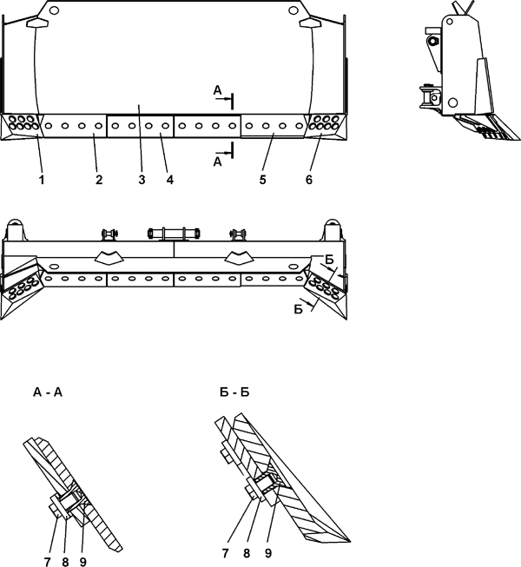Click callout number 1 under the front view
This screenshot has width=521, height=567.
point(42,180)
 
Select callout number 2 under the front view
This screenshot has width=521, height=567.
point(99,180)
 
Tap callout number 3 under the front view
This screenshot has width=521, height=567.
point(142,180)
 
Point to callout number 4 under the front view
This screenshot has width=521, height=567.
point(170,180)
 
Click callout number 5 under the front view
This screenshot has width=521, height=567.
point(263,180)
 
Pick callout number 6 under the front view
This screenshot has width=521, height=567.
point(309,180)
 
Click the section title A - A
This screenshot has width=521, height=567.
point(48,392)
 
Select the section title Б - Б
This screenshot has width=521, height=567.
point(234,392)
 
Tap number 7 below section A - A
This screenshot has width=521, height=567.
point(48,562)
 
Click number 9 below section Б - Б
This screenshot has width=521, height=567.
point(268,553)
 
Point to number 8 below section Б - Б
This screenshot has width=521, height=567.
point(247,553)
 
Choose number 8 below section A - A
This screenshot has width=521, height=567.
point(65,562)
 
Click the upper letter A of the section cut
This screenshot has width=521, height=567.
point(217,90)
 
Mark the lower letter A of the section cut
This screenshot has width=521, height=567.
point(217,162)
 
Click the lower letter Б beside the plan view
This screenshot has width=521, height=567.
point(299,309)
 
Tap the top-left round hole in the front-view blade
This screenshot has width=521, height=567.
point(54,10)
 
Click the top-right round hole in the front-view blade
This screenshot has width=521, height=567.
point(293,10)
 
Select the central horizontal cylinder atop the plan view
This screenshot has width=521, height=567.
point(174,233)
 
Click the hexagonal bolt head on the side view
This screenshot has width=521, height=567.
point(433,41)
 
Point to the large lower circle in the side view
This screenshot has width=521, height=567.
point(452,103)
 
